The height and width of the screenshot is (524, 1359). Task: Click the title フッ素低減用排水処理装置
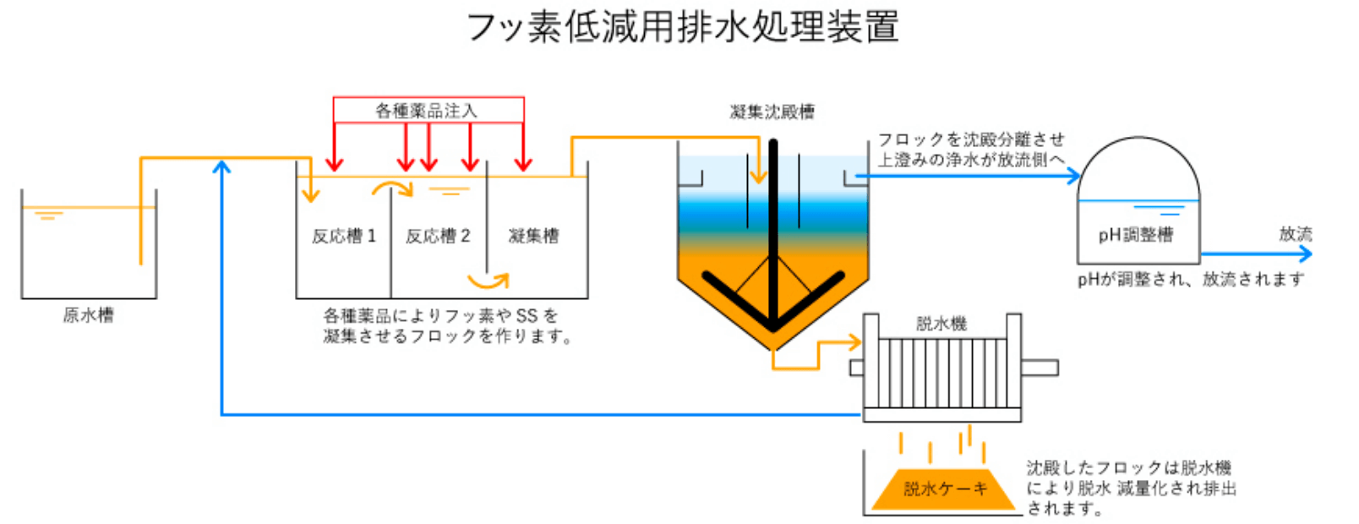[682, 27]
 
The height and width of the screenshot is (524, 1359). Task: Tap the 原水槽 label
[88, 315]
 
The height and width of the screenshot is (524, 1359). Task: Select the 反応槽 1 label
[343, 236]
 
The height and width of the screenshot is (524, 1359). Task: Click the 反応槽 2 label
[438, 236]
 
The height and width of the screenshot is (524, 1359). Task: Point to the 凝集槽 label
[533, 236]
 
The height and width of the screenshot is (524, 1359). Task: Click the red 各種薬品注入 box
[428, 110]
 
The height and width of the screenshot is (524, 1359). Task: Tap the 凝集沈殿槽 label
[772, 112]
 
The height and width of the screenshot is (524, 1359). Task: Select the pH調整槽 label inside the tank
[1136, 234]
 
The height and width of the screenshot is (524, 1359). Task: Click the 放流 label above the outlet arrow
[1295, 233]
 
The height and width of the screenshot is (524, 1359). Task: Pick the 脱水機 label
[941, 323]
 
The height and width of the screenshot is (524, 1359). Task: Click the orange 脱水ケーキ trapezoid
[944, 489]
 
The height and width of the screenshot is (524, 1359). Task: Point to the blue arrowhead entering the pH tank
[1074, 176]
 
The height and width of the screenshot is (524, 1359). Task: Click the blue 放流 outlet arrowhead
[1305, 254]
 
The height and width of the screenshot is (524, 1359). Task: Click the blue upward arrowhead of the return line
[221, 166]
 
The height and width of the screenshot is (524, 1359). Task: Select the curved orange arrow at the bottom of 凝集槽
[490, 281]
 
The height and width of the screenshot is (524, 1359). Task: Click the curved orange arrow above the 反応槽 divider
[393, 187]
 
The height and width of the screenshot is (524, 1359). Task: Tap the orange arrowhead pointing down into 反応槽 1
[311, 196]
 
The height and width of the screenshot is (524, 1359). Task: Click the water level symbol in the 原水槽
[48, 216]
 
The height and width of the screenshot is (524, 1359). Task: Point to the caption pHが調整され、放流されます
[1190, 279]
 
